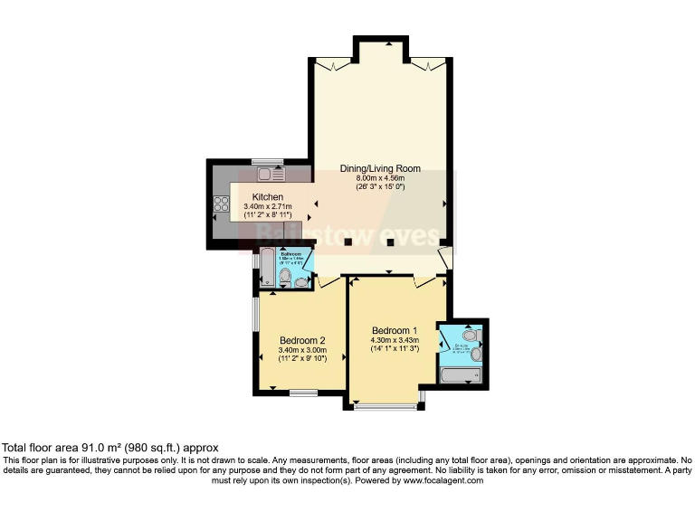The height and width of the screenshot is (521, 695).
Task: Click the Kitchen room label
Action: pyautogui.click(x=268, y=197)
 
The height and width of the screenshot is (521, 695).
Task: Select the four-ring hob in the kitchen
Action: pyautogui.click(x=218, y=205)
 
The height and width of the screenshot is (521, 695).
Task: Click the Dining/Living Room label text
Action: pyautogui.click(x=380, y=168)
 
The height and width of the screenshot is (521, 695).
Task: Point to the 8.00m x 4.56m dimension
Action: pyautogui.click(x=380, y=178)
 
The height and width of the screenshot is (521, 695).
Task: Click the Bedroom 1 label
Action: pyautogui.click(x=395, y=329)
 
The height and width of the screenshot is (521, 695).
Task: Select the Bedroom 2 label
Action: pyautogui.click(x=302, y=340)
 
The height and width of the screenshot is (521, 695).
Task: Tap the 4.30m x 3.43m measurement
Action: pyautogui.click(x=395, y=339)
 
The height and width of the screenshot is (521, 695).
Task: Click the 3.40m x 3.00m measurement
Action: pyautogui.click(x=302, y=350)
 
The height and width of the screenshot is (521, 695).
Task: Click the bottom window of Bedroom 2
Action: pyautogui.click(x=303, y=393)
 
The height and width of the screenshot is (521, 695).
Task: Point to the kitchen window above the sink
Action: pyautogui.click(x=268, y=161)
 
